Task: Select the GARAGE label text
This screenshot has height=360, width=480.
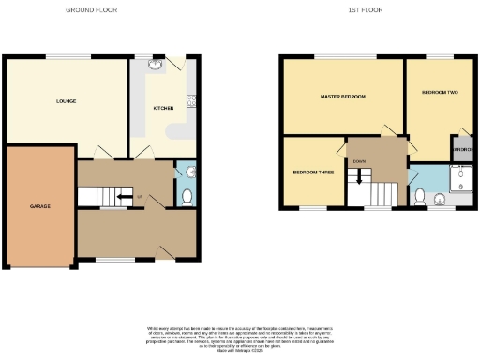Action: pyautogui.click(x=39, y=206)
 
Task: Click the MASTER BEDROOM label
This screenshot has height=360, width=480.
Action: pyautogui.click(x=342, y=97)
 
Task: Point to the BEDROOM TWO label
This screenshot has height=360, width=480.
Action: pyautogui.click(x=439, y=93)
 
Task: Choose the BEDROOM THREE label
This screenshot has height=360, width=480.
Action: pyautogui.click(x=312, y=172)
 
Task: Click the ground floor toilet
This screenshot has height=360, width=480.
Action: pyautogui.click(x=186, y=196)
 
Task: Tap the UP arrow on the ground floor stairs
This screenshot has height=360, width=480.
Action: pyautogui.click(x=141, y=197)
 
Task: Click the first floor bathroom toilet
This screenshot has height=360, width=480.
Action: pyautogui.click(x=422, y=197)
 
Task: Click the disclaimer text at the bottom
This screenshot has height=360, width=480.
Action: pyautogui.click(x=240, y=337)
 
